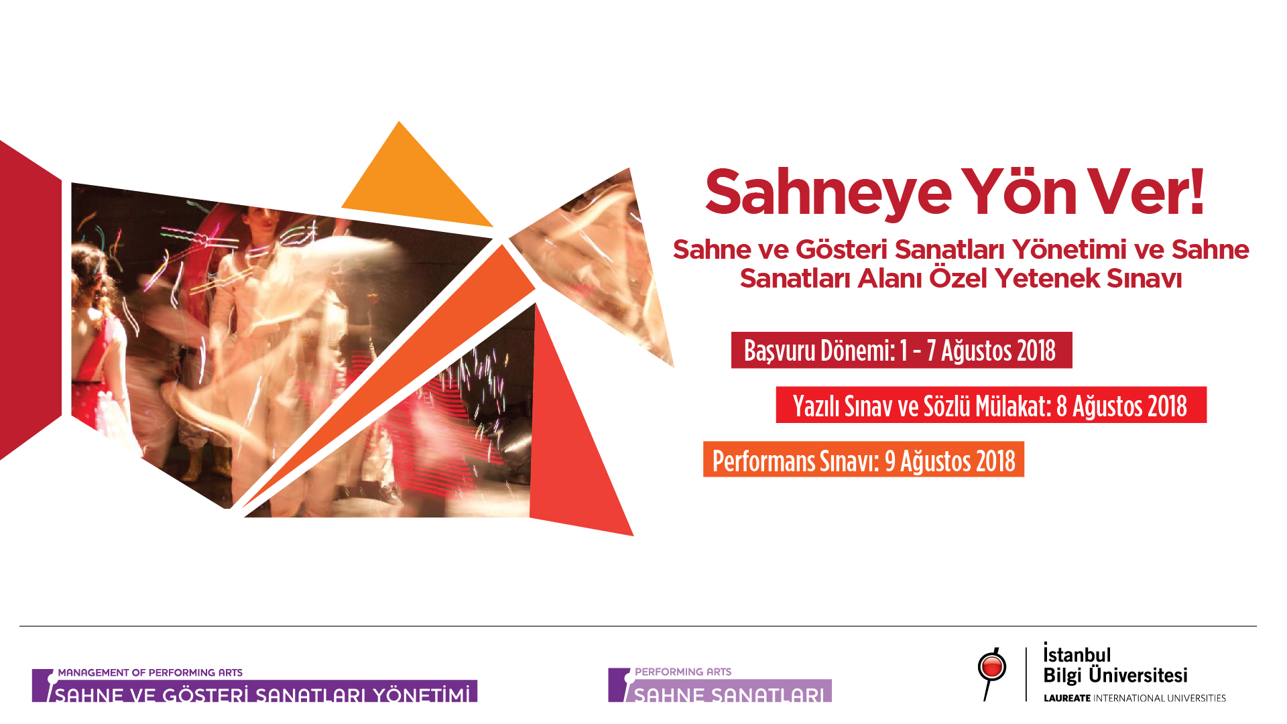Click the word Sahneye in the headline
click(828, 194)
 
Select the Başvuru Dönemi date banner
click(902, 350)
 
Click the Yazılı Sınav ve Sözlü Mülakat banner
click(991, 405)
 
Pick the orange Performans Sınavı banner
click(863, 459)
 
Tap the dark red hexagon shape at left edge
click(30, 300)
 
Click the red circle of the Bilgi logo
click(991, 667)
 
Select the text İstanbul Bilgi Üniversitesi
click(1115, 664)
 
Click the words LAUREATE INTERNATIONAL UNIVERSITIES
click(1135, 698)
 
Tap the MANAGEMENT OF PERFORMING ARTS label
click(150, 672)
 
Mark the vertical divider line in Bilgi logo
click(1026, 674)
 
